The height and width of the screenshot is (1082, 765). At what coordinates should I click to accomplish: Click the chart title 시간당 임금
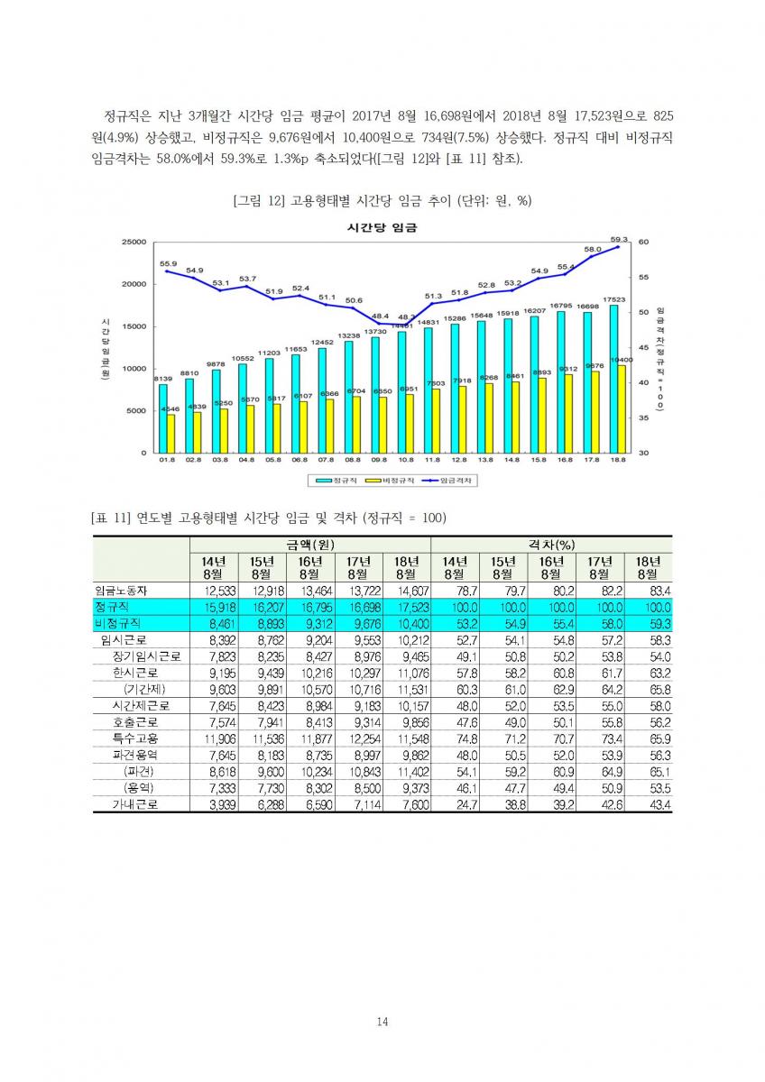point(382,228)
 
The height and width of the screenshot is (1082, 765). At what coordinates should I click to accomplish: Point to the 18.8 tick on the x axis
point(619,460)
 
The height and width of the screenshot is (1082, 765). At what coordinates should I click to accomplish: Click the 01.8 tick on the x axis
point(167,460)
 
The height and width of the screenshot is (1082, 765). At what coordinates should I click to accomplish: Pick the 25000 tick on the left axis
point(134,242)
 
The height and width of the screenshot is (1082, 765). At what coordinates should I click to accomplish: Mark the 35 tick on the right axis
point(642,417)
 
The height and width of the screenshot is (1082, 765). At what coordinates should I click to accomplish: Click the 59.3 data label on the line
point(619,239)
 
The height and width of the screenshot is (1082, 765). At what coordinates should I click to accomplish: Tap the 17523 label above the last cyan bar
point(614,298)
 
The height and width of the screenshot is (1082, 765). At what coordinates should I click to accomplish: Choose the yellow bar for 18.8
point(622,408)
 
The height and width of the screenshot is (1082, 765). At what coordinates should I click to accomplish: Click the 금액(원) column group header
point(309,546)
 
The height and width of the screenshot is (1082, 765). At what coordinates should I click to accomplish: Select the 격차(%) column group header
point(551,546)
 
